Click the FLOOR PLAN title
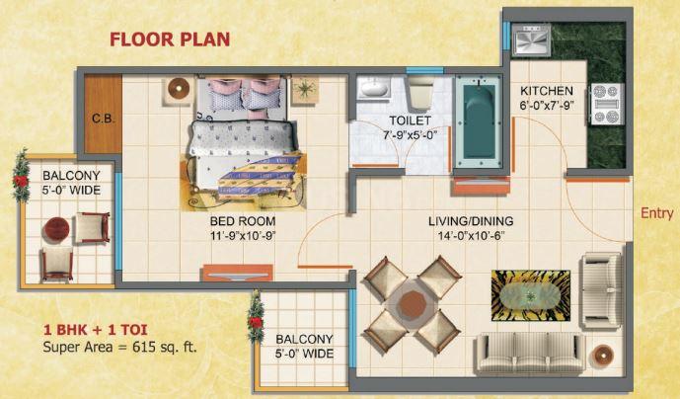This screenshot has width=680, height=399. (170, 40)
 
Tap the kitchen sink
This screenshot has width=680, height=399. (531, 40)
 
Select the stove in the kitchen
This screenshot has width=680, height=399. (607, 105)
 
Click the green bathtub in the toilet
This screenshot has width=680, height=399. (479, 121)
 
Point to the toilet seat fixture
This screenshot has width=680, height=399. (420, 93)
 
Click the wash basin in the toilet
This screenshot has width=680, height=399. (374, 88)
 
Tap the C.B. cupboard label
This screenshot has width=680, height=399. (104, 119)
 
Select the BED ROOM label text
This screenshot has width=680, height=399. (243, 221)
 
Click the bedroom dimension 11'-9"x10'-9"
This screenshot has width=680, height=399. (243, 235)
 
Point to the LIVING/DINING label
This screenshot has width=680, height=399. (471, 221)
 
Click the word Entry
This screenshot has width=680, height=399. (656, 213)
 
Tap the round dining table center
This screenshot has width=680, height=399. (413, 304)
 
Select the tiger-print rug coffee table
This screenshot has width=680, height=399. (531, 295)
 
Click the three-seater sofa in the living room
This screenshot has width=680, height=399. (531, 353)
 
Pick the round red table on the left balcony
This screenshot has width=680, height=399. (56, 230)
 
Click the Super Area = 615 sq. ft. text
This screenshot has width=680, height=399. (119, 347)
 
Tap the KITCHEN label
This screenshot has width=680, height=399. (547, 91)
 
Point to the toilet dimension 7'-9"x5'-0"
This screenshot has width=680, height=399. (410, 134)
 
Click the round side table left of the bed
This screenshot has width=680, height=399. (178, 89)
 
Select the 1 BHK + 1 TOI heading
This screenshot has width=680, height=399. (96, 330)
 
